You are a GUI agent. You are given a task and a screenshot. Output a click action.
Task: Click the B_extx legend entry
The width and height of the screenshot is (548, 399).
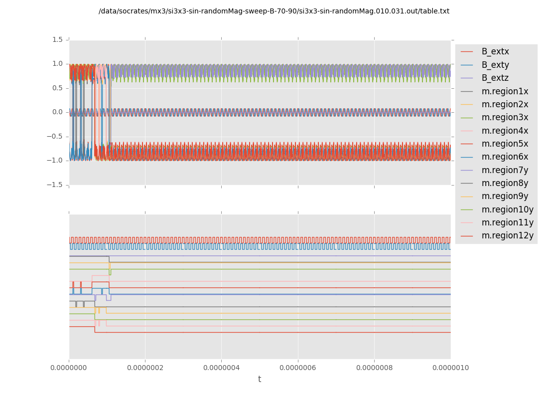[x=495, y=52]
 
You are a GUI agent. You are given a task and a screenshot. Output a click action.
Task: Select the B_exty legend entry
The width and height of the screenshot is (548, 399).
[x=495, y=65]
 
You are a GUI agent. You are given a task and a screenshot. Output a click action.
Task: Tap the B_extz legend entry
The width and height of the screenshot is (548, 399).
[x=495, y=78]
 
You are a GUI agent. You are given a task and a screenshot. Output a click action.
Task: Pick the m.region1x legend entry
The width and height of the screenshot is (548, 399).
[x=505, y=91]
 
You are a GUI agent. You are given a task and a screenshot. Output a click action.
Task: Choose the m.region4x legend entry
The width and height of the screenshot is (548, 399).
[x=505, y=131]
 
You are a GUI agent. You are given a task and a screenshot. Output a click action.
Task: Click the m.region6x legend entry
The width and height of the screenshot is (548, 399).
[x=505, y=157]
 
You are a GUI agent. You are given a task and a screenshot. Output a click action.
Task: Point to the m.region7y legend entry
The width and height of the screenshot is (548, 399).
[x=505, y=170]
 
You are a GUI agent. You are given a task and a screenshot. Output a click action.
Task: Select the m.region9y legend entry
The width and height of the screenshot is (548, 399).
[x=505, y=197]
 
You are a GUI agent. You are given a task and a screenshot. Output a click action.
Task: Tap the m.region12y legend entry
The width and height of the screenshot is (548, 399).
[x=507, y=236]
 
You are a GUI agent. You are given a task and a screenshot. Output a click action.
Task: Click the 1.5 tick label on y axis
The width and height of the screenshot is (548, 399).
[x=57, y=40]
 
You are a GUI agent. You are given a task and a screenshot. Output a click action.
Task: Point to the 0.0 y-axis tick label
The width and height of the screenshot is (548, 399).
[x=57, y=112]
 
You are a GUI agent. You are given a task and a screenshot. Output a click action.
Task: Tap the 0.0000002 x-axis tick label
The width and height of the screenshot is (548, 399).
[x=145, y=368]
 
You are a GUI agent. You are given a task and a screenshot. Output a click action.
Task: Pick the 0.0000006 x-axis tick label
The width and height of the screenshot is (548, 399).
[x=298, y=368]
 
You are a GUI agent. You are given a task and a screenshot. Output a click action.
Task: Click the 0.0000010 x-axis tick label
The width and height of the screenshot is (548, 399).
[x=450, y=368]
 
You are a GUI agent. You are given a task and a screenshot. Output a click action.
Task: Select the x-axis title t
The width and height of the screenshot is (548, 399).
[x=260, y=380]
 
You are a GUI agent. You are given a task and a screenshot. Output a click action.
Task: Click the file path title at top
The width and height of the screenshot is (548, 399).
[x=274, y=11]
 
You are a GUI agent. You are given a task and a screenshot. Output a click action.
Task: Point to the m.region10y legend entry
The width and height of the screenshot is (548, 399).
[x=507, y=209]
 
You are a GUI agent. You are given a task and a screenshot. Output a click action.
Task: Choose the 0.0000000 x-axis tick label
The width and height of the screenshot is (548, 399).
[x=69, y=368]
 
